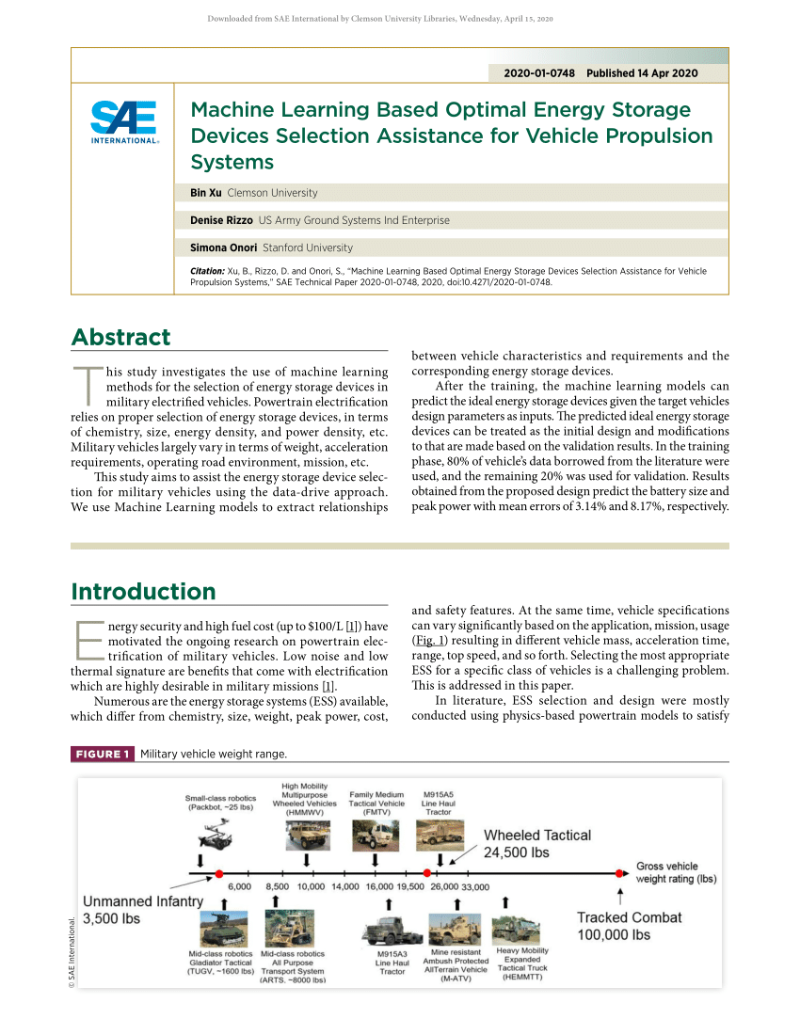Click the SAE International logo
124,122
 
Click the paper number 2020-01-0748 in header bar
539,73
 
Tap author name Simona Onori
224,247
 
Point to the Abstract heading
120,337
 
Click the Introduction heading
143,591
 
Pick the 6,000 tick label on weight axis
240,886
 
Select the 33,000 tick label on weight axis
475,886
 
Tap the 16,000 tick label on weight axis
379,886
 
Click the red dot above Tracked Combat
618,874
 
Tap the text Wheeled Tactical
537,835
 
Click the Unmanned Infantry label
143,900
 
